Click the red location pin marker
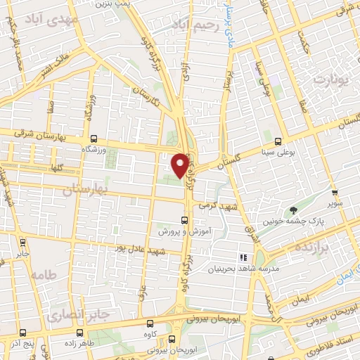coord(180,164)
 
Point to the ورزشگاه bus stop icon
coord(94,139)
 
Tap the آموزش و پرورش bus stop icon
coord(184,219)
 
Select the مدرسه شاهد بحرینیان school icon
coord(244,258)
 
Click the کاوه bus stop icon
coord(150,324)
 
